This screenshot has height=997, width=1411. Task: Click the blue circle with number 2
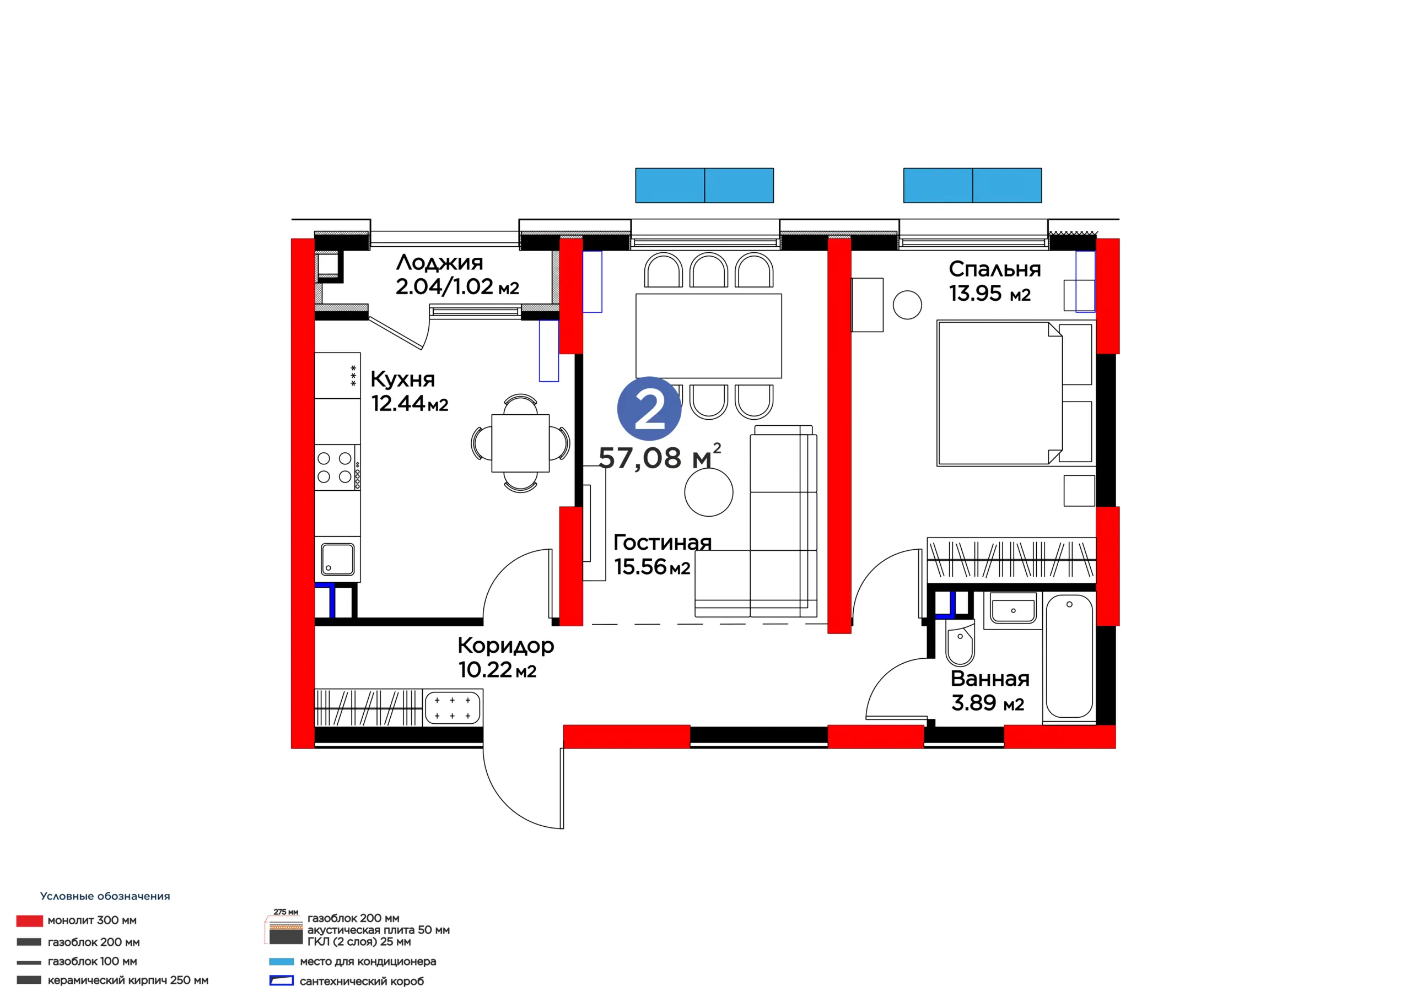(x=649, y=409)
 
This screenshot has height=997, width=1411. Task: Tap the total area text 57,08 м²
(x=659, y=457)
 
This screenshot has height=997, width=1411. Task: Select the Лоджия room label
(x=439, y=263)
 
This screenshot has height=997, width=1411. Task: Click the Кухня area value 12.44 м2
(x=410, y=404)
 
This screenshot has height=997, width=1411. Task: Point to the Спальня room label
(x=994, y=269)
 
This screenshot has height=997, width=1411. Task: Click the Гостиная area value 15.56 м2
(x=652, y=566)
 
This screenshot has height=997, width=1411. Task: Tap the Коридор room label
(x=506, y=646)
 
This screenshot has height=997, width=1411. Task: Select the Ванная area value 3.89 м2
(x=988, y=703)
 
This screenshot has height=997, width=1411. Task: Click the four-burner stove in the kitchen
(x=337, y=468)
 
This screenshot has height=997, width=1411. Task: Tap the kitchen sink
(x=337, y=560)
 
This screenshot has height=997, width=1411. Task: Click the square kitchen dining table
(x=520, y=443)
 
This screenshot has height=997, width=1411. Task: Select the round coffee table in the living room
(x=709, y=492)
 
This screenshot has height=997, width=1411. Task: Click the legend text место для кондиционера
(x=368, y=961)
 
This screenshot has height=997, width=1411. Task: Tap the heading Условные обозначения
(x=105, y=896)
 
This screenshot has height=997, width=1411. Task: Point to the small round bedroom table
(x=907, y=305)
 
